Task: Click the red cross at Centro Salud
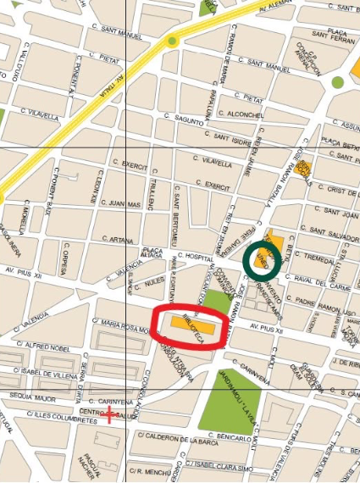109,414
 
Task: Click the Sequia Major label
29,395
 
